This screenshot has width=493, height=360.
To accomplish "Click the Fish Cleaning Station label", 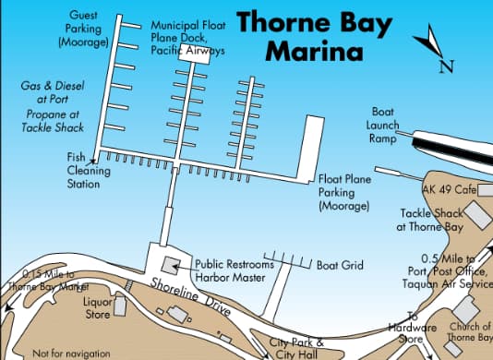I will point(81,171).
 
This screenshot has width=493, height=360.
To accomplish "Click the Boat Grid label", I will point(340,266).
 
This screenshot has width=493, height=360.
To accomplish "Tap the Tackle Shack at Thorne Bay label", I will point(433,219).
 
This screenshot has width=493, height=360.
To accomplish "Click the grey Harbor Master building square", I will point(170,266).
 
